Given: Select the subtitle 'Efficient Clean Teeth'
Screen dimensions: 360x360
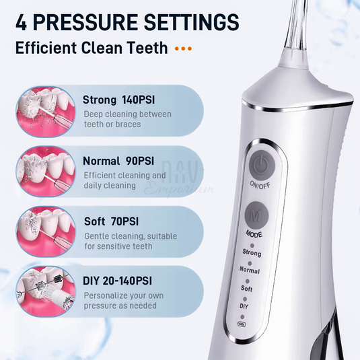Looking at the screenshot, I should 92,49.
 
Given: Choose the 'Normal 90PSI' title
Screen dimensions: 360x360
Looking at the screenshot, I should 118,161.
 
